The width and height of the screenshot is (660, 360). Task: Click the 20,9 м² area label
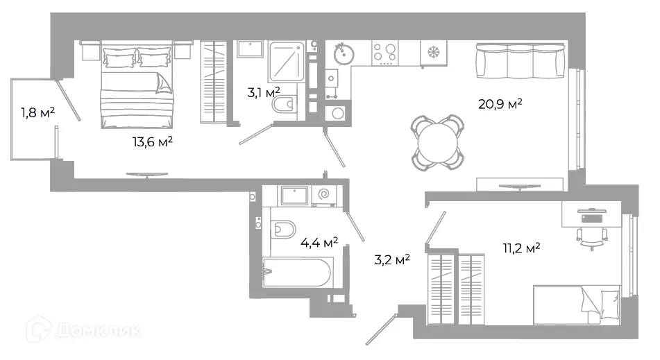(500, 103)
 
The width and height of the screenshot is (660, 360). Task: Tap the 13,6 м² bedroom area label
(153, 142)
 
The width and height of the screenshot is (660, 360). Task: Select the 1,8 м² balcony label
(38, 112)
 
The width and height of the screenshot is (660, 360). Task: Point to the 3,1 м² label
(264, 92)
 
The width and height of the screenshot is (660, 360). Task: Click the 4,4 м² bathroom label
(319, 242)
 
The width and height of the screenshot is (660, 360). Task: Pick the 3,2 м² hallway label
(392, 259)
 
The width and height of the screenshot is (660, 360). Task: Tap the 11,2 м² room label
(521, 248)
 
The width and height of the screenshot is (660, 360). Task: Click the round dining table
(438, 143)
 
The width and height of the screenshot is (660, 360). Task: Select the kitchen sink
(344, 53)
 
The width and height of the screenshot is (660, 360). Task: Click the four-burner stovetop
(385, 53)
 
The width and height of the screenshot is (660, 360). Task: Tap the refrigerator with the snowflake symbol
(433, 53)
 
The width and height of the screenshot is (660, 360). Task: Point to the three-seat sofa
(521, 60)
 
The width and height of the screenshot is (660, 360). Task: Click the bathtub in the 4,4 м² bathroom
(297, 273)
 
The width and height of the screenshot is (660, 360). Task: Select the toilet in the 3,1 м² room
(284, 104)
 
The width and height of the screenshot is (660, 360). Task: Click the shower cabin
(286, 62)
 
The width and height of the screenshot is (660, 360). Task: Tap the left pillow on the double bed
(119, 58)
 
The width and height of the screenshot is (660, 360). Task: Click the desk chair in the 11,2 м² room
(592, 238)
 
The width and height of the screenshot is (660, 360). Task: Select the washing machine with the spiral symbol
(324, 195)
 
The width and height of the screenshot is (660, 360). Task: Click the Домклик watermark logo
(83, 329)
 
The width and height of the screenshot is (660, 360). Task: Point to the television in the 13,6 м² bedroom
(147, 175)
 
